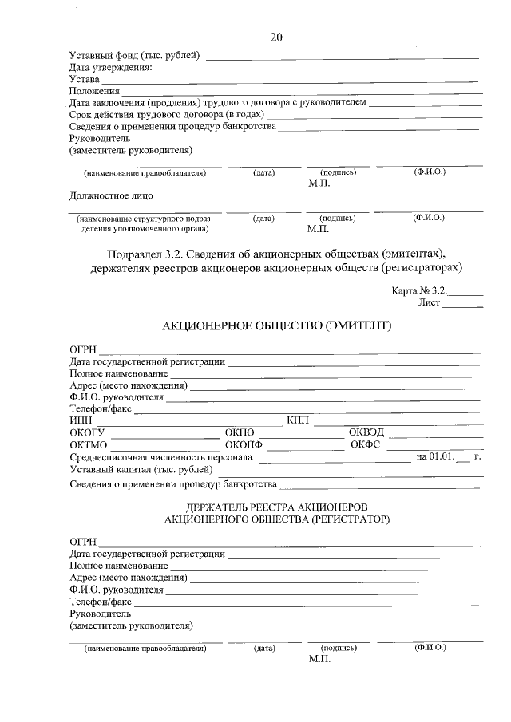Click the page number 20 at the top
276,37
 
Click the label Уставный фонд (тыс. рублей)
135,56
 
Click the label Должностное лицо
111,195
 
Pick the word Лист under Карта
429,303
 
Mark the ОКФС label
364,444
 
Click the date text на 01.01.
434,457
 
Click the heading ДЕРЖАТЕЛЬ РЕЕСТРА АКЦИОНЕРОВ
275,507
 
